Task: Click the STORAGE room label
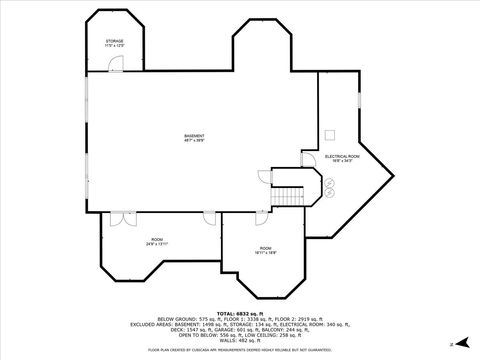(115, 41)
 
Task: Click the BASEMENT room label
(194, 136)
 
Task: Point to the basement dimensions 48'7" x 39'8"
(194, 141)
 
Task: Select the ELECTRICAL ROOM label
(342, 156)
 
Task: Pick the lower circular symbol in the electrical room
(327, 193)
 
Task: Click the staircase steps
(290, 194)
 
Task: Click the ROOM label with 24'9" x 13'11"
(157, 239)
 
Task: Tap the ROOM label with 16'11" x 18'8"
(265, 248)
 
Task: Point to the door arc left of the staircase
(266, 176)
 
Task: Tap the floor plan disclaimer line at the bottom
(239, 351)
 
